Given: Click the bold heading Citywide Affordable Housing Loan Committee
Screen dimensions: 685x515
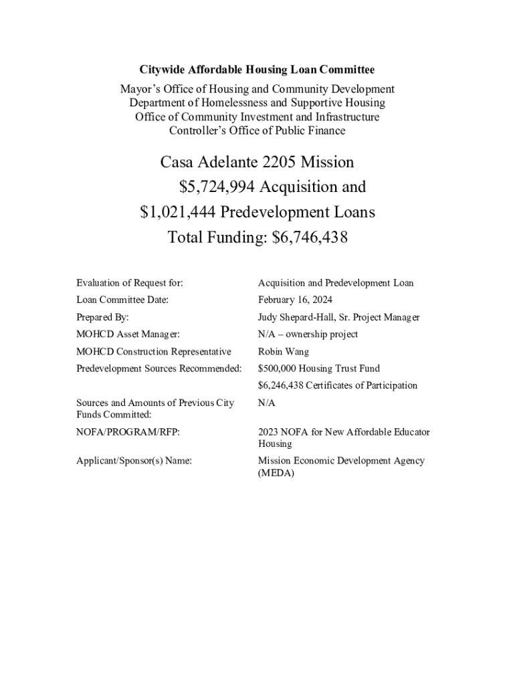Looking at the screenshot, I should pos(257,70).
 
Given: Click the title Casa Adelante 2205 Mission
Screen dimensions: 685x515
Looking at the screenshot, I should pos(257,163).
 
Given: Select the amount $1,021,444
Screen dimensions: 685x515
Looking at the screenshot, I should pos(178,212).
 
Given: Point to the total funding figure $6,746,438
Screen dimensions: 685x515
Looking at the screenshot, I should pos(310,237).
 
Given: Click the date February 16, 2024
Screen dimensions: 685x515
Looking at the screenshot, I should pos(295,300).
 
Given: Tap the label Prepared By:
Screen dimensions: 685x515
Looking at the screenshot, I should pos(102,318).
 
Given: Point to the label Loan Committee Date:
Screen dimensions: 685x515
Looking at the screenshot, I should pos(122,300).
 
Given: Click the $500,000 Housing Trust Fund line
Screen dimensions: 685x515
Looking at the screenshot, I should pos(318,369).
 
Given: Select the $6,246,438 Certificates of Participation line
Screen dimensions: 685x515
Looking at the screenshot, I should pos(337,385).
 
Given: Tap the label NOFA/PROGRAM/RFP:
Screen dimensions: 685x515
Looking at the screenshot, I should pos(128,432).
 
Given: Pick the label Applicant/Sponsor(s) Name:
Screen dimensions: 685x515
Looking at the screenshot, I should pos(134,461).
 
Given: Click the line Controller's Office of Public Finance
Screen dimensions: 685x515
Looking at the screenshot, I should pos(257,131).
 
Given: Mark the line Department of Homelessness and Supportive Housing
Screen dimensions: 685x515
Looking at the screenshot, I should pos(257,103).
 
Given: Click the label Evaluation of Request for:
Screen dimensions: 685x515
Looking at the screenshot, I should pos(130,283).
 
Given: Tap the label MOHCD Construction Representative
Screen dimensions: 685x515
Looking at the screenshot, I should pos(154,352).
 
